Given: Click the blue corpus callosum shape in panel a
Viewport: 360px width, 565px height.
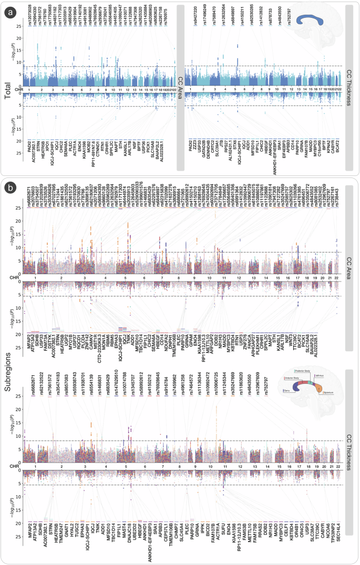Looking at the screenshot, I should click(312, 19).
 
